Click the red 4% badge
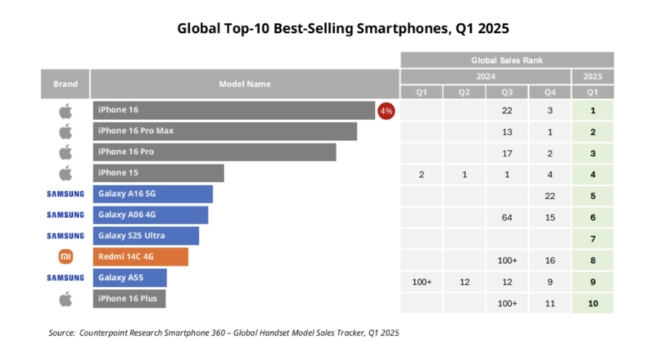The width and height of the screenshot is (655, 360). tap(386, 111)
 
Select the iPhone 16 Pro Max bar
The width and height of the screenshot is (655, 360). tap(225, 131)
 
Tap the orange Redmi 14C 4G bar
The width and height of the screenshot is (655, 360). tap(141, 257)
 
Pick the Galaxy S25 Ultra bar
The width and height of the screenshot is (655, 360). tap(146, 236)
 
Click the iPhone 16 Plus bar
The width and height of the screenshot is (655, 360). tap(129, 299)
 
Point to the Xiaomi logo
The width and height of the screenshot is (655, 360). tap(65, 257)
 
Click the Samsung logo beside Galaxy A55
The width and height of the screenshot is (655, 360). tap(65, 278)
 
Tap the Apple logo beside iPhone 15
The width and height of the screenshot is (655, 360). tap(65, 173)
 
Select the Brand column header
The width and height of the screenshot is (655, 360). tap(65, 84)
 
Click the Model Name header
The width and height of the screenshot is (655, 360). tap(245, 84)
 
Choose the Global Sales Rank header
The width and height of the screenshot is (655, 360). tap(507, 61)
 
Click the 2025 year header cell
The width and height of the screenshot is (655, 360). tap(593, 77)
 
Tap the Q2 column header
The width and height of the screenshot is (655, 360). tap(464, 93)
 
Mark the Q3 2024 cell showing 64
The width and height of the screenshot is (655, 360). tap(507, 218)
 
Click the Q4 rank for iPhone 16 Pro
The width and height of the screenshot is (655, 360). tap(550, 153)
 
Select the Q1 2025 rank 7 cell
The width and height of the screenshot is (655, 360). tap(593, 239)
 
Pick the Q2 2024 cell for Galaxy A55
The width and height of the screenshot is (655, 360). tap(464, 282)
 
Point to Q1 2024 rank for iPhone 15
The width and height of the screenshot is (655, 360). tap(422, 175)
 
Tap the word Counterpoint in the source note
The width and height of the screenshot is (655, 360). tap(101, 333)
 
